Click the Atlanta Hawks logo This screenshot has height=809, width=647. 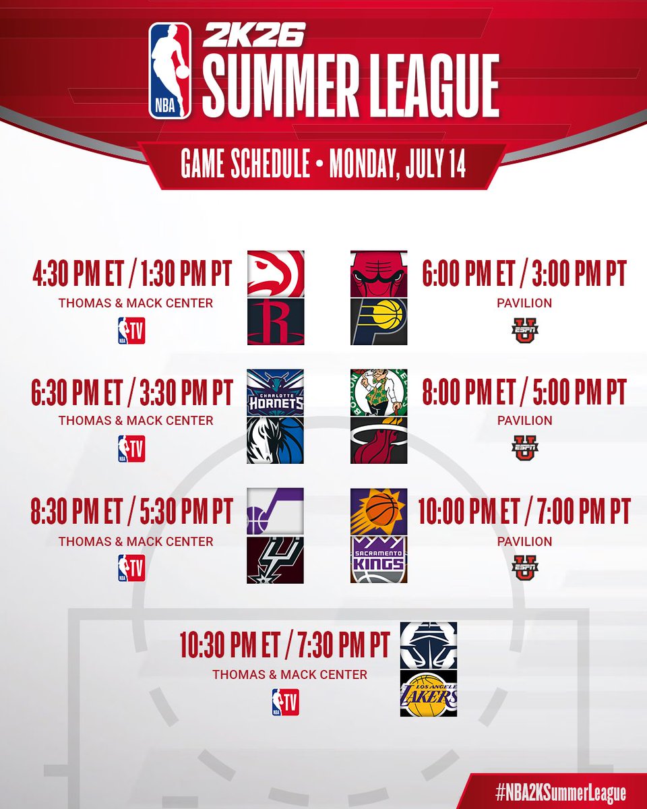pyautogui.click(x=275, y=274)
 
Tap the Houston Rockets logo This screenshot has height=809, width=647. pyautogui.click(x=275, y=322)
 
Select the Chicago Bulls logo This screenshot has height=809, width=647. pyautogui.click(x=379, y=274)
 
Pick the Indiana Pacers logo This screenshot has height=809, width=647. pyautogui.click(x=379, y=322)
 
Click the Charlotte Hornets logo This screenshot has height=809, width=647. pyautogui.click(x=275, y=392)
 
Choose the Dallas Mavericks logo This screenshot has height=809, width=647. pyautogui.click(x=275, y=440)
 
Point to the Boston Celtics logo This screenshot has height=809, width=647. pyautogui.click(x=379, y=392)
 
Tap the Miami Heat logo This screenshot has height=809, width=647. pyautogui.click(x=379, y=440)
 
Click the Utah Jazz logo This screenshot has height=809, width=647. pyautogui.click(x=275, y=512)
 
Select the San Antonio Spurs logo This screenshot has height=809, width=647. pyautogui.click(x=275, y=560)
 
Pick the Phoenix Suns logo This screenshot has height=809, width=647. pyautogui.click(x=379, y=512)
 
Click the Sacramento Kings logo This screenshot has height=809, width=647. pyautogui.click(x=379, y=560)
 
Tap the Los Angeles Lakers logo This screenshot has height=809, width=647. pyautogui.click(x=429, y=694)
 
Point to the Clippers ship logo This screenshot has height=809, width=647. pyautogui.click(x=429, y=646)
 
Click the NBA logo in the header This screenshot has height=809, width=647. pyautogui.click(x=170, y=71)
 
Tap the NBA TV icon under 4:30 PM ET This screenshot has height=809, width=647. pyautogui.click(x=131, y=330)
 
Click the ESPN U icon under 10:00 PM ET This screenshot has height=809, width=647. pyautogui.click(x=524, y=568)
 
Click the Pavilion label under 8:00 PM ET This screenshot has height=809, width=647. pyautogui.click(x=524, y=421)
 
